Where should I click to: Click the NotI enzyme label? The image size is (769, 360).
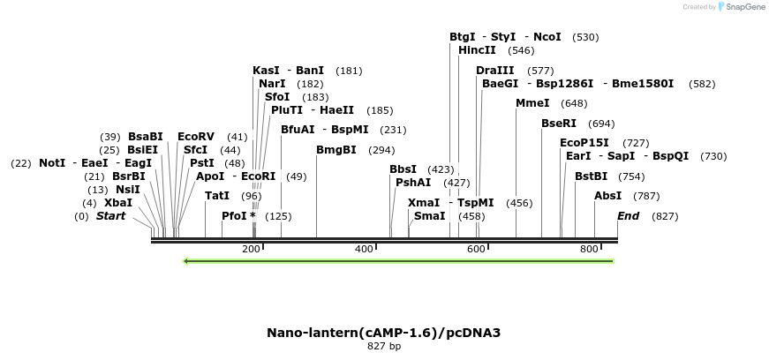[x=52, y=163]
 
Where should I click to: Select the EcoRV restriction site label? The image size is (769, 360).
[x=195, y=137]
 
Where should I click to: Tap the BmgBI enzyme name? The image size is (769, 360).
[x=335, y=150]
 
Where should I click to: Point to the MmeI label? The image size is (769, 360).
[x=532, y=103]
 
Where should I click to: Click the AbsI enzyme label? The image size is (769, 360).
[x=607, y=196]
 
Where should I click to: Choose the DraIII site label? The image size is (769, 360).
[x=494, y=70]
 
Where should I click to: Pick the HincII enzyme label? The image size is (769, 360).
[x=477, y=50]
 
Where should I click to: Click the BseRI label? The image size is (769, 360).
[x=558, y=124]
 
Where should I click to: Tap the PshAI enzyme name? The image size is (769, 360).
[x=413, y=183]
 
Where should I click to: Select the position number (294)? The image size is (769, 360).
[x=381, y=151]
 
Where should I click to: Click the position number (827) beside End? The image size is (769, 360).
[x=665, y=217]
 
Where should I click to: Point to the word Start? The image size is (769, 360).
[x=111, y=216]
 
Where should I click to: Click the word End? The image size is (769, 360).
[x=628, y=216]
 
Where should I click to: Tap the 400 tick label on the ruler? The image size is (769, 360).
[x=364, y=250]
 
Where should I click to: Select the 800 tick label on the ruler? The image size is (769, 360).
[x=589, y=250]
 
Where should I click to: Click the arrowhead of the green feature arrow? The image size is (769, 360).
[x=186, y=261]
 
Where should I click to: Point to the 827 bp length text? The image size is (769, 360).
[x=384, y=347]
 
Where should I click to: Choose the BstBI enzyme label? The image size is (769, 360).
[x=591, y=176]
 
